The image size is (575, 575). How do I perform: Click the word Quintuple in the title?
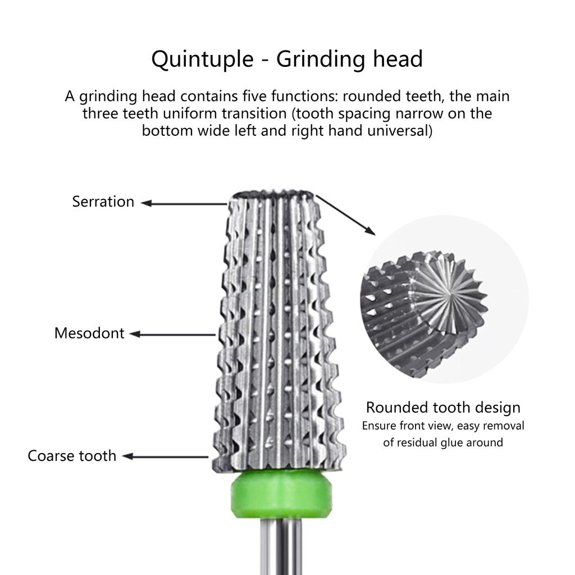(x=202, y=59)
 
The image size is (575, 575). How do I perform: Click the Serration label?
(x=103, y=202)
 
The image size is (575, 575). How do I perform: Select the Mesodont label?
(x=89, y=333)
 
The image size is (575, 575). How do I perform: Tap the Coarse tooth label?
(x=72, y=455)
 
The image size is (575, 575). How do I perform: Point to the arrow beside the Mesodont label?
(x=173, y=335)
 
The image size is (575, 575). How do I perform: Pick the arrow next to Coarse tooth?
(x=166, y=457)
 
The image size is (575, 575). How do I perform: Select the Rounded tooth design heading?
(x=443, y=407)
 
